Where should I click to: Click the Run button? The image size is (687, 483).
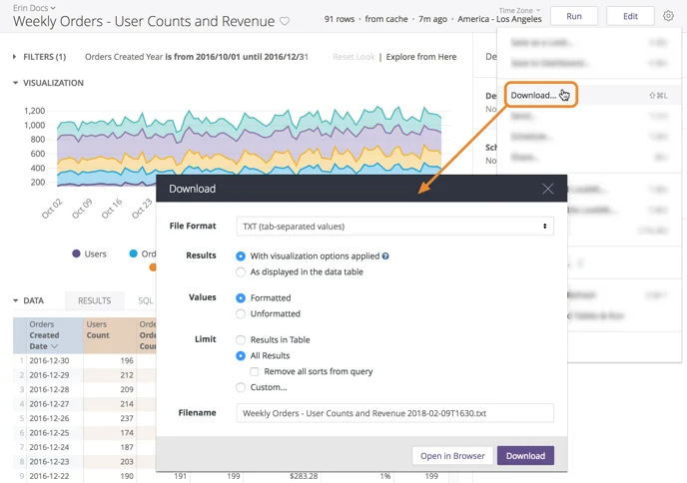click(x=573, y=16)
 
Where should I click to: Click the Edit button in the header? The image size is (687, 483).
click(x=630, y=16)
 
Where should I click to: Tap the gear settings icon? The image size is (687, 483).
click(x=669, y=16)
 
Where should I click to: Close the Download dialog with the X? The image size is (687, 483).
click(x=547, y=189)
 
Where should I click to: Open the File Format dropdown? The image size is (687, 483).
click(x=394, y=227)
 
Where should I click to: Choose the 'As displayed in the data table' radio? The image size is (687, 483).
click(x=241, y=271)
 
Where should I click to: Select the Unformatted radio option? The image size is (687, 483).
click(x=241, y=313)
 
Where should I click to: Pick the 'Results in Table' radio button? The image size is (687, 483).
click(x=241, y=339)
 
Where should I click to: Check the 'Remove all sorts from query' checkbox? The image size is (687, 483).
click(x=255, y=371)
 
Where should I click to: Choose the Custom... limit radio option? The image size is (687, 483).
click(x=241, y=387)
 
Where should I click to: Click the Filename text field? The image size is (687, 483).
click(x=394, y=413)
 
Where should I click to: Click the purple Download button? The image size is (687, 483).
click(x=525, y=456)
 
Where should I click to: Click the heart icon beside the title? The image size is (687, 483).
click(x=285, y=21)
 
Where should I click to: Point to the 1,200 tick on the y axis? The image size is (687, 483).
click(x=34, y=111)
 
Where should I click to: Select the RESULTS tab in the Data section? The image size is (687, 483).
click(x=95, y=300)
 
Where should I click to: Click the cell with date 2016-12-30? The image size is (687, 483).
click(x=49, y=361)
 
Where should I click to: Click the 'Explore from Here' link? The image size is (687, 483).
click(x=421, y=57)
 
